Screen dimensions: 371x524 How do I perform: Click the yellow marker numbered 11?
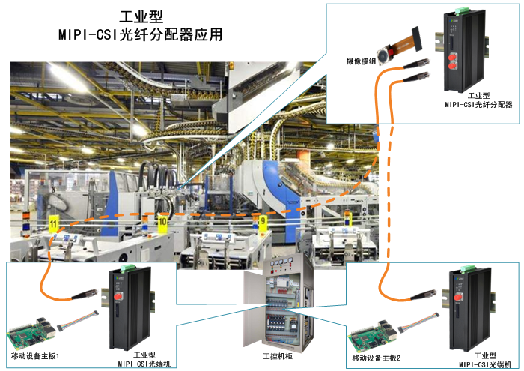(53, 223)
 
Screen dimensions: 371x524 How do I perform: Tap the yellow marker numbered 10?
(162, 222)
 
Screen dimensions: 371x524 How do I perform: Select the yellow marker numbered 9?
(262, 221)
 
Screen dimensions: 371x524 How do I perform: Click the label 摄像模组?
(361, 61)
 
